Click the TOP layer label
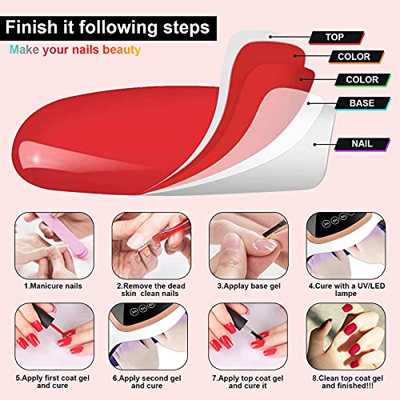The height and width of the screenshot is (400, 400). click(336, 38)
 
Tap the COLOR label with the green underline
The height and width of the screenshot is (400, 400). click(362, 80)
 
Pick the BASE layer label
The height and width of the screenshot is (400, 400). click(362, 103)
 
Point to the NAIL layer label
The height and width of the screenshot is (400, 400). click(362, 144)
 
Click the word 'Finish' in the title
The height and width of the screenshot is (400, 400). click(31, 27)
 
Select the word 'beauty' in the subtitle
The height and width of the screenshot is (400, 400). click(122, 50)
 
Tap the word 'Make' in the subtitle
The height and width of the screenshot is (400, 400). click(24, 50)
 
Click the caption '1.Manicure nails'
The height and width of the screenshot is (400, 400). click(53, 286)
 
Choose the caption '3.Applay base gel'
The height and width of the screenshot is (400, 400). click(249, 286)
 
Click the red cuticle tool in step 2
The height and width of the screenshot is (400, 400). click(166, 234)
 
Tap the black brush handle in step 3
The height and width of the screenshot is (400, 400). click(274, 229)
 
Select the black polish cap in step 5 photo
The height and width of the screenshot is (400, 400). click(44, 315)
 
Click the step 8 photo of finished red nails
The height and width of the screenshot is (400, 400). click(346, 336)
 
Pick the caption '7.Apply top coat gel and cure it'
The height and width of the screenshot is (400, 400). click(248, 382)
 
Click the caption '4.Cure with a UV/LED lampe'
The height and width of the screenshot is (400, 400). click(346, 290)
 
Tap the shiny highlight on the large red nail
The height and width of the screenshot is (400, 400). click(36, 158)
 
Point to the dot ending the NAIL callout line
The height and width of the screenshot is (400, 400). click(315, 145)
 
